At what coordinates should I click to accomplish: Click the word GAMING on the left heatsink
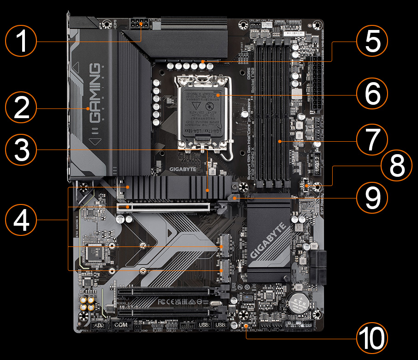[95, 92]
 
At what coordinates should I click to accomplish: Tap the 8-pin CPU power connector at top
[140, 24]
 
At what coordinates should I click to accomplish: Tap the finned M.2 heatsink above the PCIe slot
[178, 188]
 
